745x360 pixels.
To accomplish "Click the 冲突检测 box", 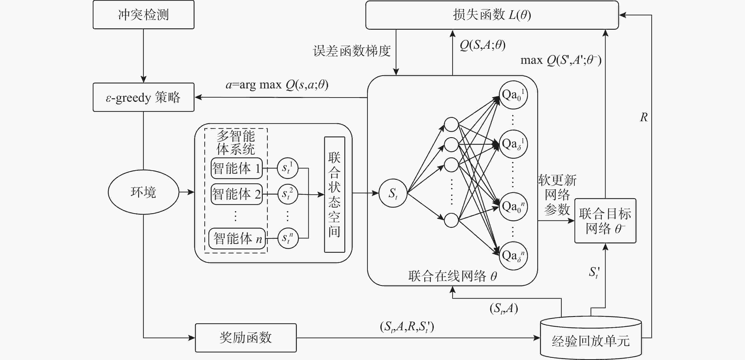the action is (x=144, y=15).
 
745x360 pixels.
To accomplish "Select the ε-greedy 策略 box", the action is (x=144, y=97).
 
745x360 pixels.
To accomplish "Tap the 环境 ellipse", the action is (x=144, y=192).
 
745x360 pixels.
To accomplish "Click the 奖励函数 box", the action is (x=246, y=338).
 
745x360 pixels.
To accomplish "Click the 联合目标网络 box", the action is (x=605, y=221).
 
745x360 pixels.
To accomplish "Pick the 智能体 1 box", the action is (x=237, y=168).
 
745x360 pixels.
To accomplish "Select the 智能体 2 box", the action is (x=237, y=194).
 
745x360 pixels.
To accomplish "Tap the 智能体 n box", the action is (x=237, y=239).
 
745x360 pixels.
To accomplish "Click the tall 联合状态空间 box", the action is (x=335, y=195).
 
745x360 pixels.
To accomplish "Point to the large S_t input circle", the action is (x=393, y=193).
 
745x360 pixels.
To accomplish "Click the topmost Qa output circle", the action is (x=513, y=95).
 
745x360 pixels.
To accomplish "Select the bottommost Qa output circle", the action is (x=513, y=256).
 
